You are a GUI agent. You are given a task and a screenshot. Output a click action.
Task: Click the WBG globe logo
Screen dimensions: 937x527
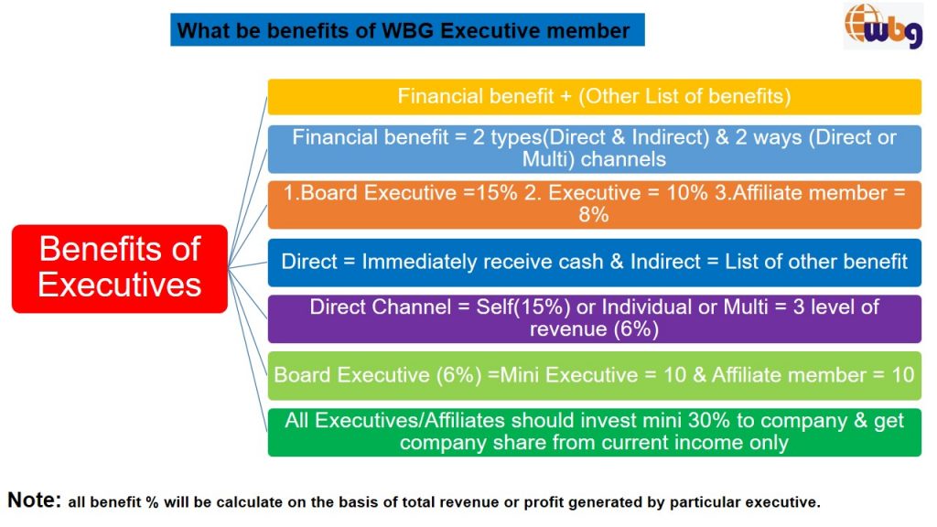883,26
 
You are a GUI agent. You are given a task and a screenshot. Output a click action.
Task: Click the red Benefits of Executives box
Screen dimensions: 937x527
120,268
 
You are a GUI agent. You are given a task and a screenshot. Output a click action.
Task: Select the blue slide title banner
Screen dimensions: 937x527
407,30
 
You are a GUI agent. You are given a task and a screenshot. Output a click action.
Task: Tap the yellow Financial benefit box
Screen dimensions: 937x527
594,96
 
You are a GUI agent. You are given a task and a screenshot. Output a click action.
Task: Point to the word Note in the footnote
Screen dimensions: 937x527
34,500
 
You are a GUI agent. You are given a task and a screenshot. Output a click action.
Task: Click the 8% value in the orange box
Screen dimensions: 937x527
593,214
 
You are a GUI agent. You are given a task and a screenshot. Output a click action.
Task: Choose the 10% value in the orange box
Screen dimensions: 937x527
686,192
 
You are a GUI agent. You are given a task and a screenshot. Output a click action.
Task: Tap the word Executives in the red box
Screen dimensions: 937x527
120,285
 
